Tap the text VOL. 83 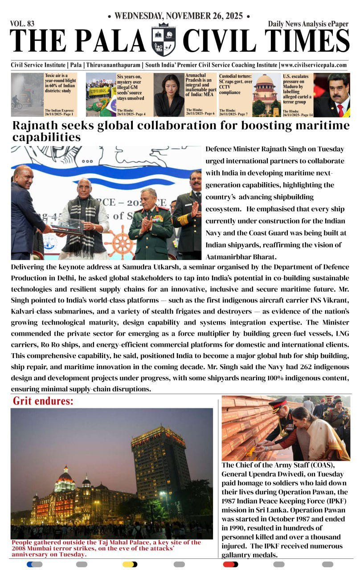tap(22, 24)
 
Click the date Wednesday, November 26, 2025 tap(179, 16)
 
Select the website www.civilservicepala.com tap(314, 65)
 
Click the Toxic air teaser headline tap(59, 81)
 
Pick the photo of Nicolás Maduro tap(331, 95)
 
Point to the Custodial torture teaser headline tap(235, 84)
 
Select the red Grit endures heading tap(43, 401)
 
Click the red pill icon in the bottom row tap(231, 564)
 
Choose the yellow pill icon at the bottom tap(130, 564)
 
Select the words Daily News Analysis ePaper tap(308, 24)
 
